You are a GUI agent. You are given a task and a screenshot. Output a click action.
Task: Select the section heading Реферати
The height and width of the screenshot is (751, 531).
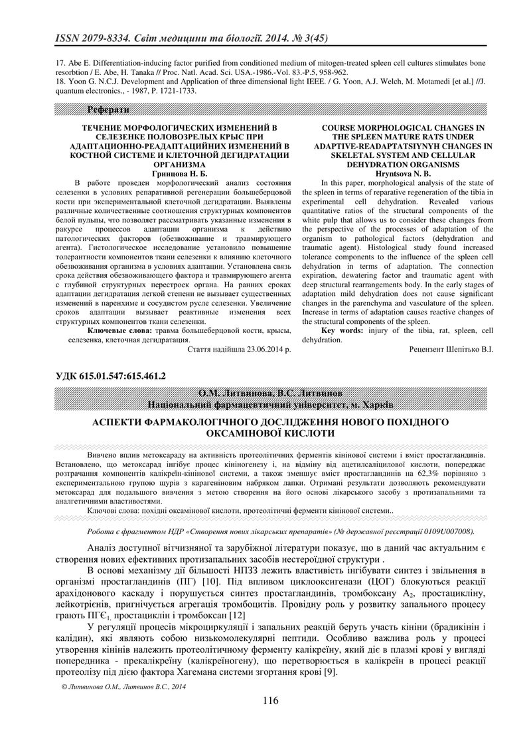(x=108, y=109)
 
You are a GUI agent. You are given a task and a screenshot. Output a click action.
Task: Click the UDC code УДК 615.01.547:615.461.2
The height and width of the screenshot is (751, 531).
(x=104, y=376)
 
